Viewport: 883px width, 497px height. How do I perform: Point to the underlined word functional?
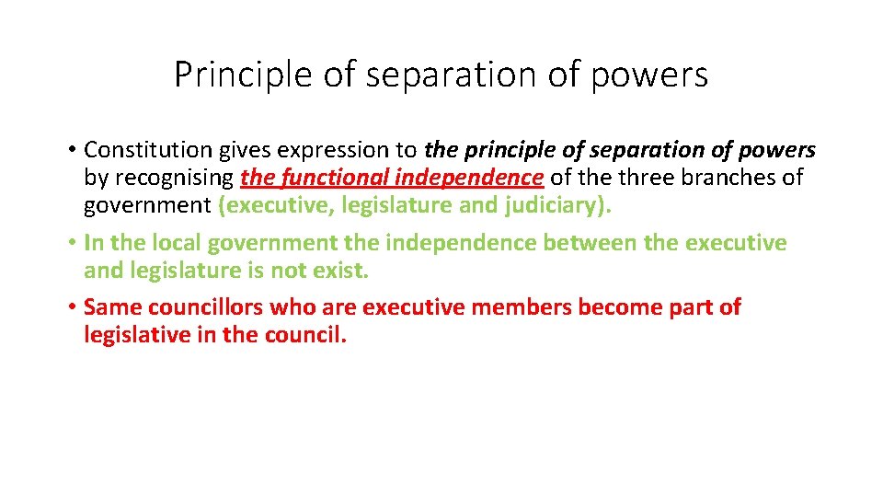click(327, 177)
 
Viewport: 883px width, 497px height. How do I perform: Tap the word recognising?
click(175, 177)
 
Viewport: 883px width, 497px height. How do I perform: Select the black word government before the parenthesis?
click(147, 204)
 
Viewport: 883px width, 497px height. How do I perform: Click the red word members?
click(521, 307)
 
